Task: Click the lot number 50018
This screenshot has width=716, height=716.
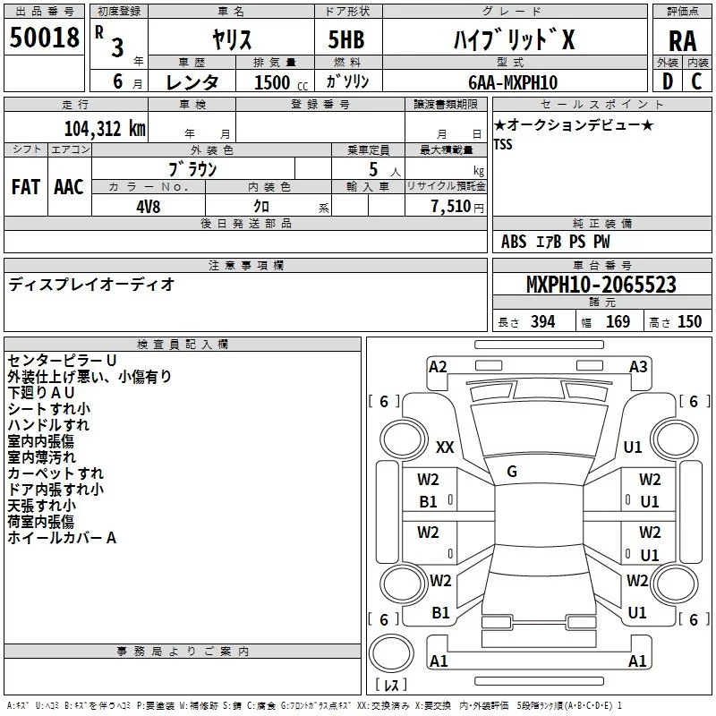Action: pyautogui.click(x=43, y=38)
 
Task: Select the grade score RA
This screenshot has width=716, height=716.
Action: pyautogui.click(x=682, y=41)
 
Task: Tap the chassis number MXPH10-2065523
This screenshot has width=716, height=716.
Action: pyautogui.click(x=601, y=286)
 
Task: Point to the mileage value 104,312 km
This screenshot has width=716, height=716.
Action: pyautogui.click(x=105, y=128)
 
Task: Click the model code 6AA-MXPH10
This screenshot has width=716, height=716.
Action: pyautogui.click(x=513, y=82)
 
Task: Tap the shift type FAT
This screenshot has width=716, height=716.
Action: pyautogui.click(x=26, y=187)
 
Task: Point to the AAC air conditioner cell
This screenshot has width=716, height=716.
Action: pyautogui.click(x=69, y=187)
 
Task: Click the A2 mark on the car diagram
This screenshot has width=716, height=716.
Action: pyautogui.click(x=438, y=367)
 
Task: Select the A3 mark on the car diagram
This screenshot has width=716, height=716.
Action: pyautogui.click(x=638, y=367)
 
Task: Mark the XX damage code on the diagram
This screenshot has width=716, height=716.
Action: pyautogui.click(x=445, y=447)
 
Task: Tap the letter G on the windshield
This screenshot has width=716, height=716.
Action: pyautogui.click(x=512, y=471)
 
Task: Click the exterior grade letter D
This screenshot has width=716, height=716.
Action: pyautogui.click(x=667, y=82)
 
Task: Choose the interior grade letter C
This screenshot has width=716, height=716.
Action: pyautogui.click(x=697, y=82)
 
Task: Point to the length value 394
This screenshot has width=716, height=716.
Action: pyautogui.click(x=543, y=322)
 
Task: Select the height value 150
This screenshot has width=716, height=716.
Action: pyautogui.click(x=690, y=322)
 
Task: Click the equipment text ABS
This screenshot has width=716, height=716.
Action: pyautogui.click(x=514, y=242)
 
